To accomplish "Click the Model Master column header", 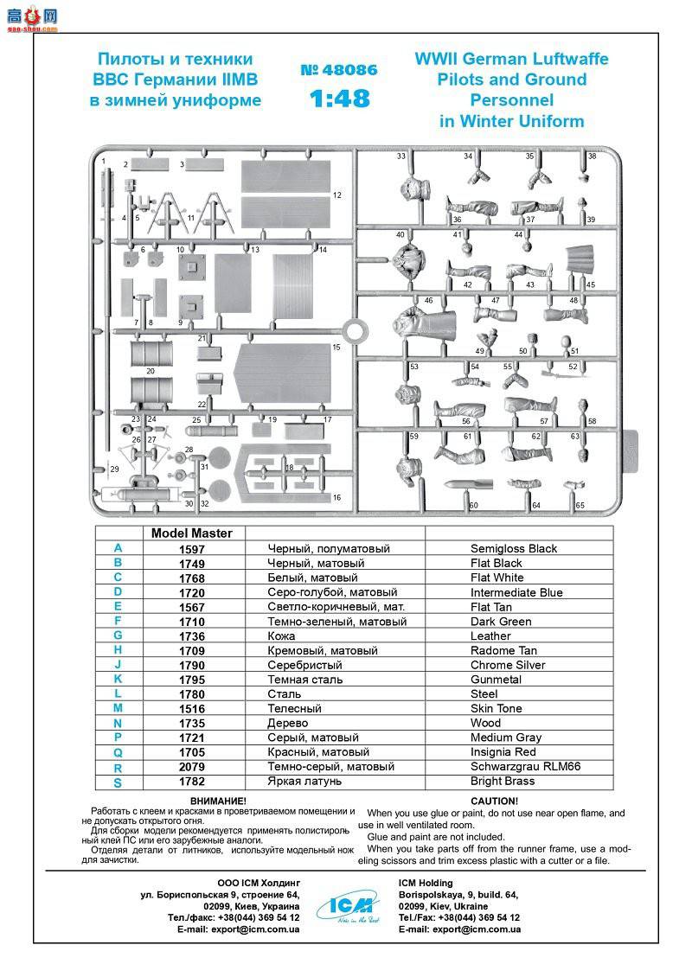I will click(x=191, y=533).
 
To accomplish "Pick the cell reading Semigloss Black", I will click(x=514, y=548).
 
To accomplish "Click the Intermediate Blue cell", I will click(x=516, y=592).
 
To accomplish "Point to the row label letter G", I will click(x=118, y=635).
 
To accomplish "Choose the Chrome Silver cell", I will click(x=508, y=665).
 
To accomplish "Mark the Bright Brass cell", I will click(x=503, y=782).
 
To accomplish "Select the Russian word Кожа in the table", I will click(x=284, y=636).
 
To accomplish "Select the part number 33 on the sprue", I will click(x=401, y=156).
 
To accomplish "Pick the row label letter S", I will click(x=118, y=782).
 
